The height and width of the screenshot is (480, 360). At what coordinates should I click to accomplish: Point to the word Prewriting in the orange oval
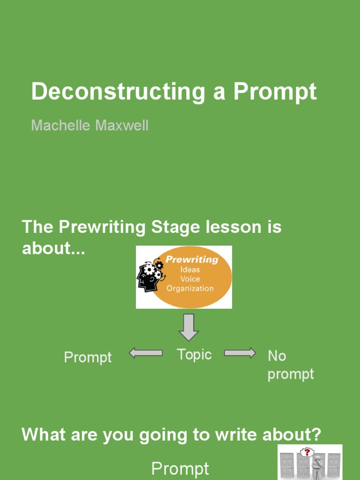pos(192,259)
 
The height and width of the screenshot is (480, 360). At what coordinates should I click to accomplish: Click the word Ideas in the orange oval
pos(190,270)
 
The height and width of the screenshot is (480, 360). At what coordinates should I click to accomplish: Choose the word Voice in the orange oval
pos(190,279)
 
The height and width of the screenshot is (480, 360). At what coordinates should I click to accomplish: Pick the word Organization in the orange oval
pos(190,288)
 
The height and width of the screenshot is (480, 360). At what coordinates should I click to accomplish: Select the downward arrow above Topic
pos(189,327)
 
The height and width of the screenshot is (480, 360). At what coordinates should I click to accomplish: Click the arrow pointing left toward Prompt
pos(146,353)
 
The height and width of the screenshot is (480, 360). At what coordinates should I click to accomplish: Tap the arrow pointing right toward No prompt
pos(240,352)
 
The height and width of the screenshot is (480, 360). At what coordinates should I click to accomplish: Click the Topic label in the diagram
pos(195,354)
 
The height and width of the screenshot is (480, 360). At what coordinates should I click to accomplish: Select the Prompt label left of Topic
pos(88,357)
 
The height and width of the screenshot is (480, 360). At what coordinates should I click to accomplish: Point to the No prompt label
pos(290,365)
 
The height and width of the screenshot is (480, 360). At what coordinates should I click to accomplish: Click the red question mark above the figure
pos(307,453)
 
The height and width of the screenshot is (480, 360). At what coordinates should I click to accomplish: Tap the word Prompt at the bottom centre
pos(180,469)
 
